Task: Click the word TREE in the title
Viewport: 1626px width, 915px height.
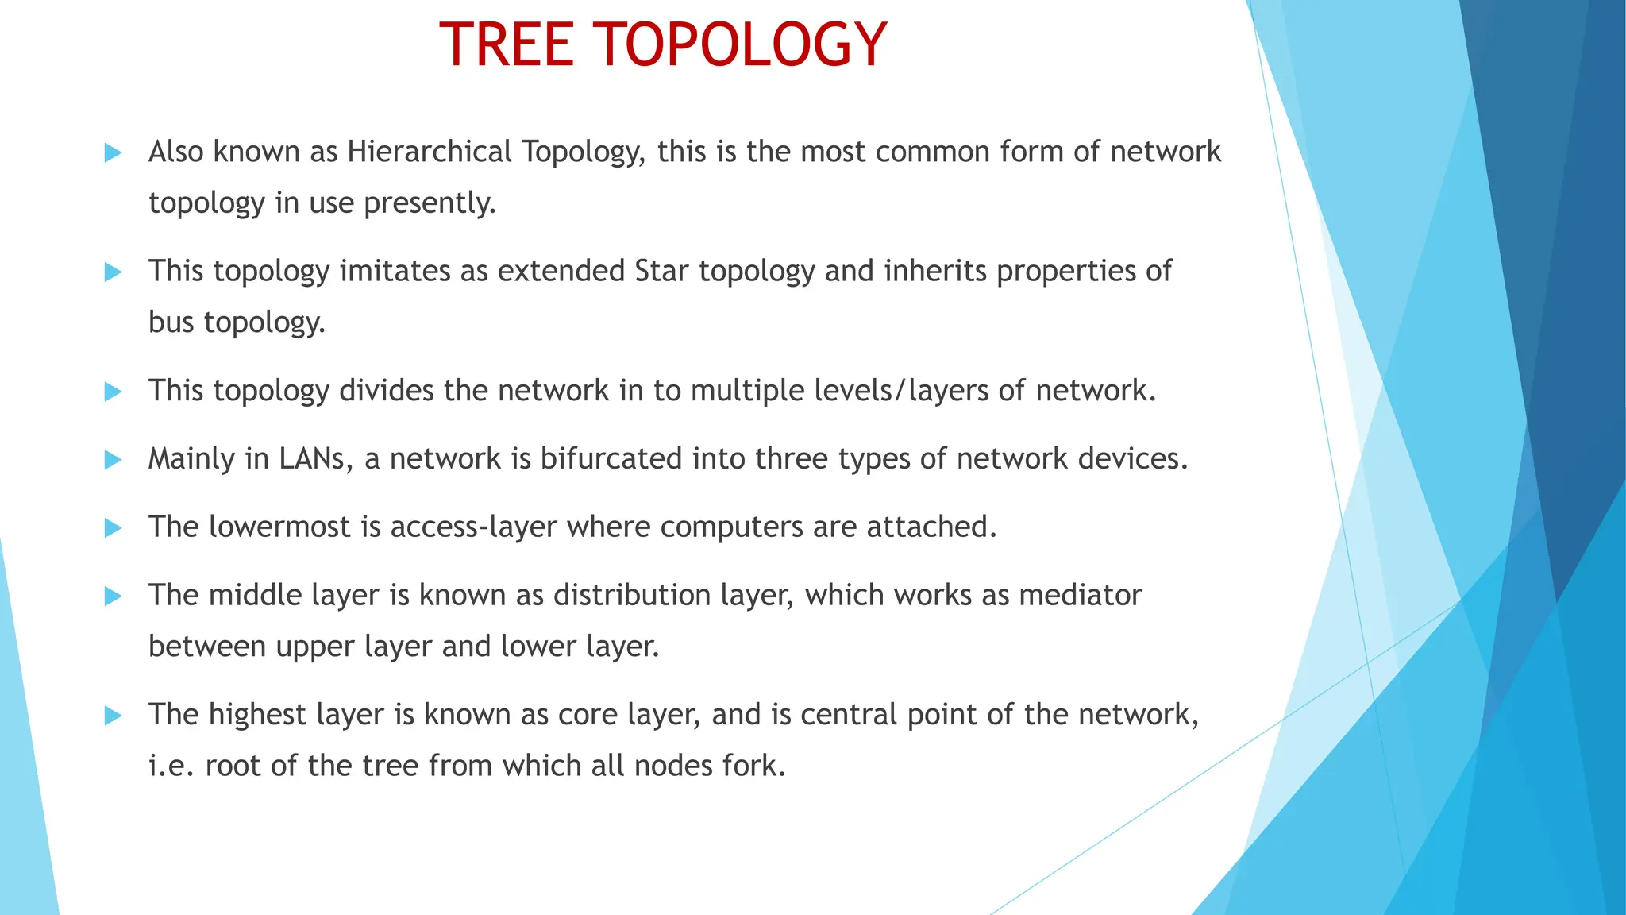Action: click(x=506, y=44)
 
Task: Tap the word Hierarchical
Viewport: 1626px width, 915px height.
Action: click(x=430, y=152)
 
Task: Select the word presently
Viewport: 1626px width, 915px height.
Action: click(x=430, y=203)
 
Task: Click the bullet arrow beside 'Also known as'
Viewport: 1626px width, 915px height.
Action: click(x=113, y=152)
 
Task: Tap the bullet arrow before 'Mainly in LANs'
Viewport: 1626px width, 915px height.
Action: click(x=113, y=460)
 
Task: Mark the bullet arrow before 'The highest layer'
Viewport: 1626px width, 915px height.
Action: click(x=113, y=716)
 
